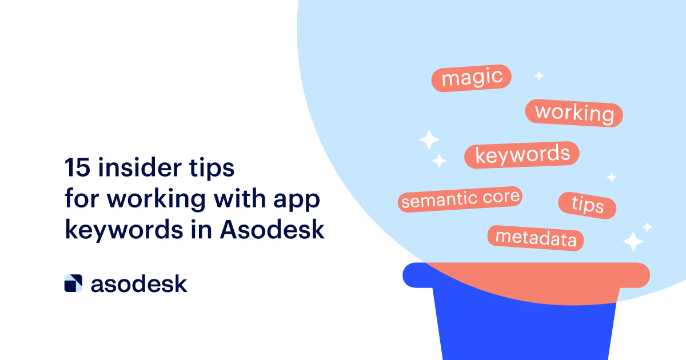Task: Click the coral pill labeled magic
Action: click(x=471, y=78)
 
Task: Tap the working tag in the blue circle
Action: click(x=574, y=113)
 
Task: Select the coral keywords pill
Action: click(x=522, y=155)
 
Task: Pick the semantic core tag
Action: click(x=460, y=199)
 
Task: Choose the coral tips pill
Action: click(x=587, y=205)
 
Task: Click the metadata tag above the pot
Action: click(x=536, y=238)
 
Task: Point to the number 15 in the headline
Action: click(x=77, y=167)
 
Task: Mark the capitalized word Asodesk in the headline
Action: click(x=272, y=230)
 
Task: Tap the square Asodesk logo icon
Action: click(x=73, y=283)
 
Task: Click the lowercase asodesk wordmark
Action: click(x=139, y=284)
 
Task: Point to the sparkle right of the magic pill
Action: click(x=539, y=75)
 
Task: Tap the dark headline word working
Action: click(x=157, y=200)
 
